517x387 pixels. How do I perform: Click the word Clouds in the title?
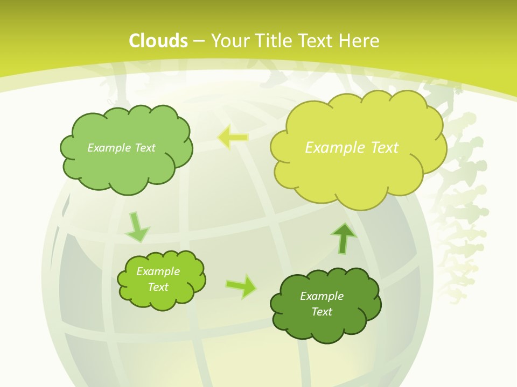[x=158, y=41]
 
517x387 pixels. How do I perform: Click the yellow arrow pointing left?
[x=233, y=138]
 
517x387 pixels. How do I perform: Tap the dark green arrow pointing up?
[x=344, y=238]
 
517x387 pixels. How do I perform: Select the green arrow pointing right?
[x=241, y=286]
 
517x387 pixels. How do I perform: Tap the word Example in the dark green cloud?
[x=322, y=296]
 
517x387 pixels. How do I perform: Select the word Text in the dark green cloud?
[x=322, y=312]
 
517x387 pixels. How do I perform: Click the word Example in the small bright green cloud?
[x=158, y=271]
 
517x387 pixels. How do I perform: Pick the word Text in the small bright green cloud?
[x=158, y=287]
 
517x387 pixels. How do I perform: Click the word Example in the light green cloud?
[x=109, y=148]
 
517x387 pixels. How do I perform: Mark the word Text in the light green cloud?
[x=144, y=148]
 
